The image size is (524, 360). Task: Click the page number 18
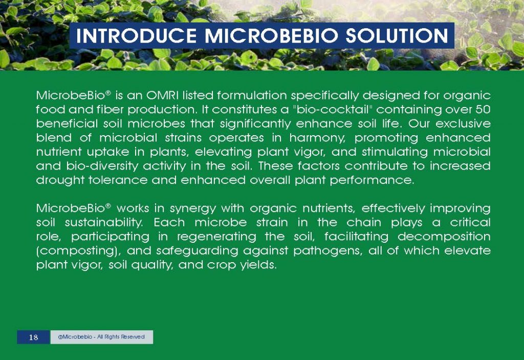pos(33,337)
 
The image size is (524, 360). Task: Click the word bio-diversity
pos(94,166)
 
